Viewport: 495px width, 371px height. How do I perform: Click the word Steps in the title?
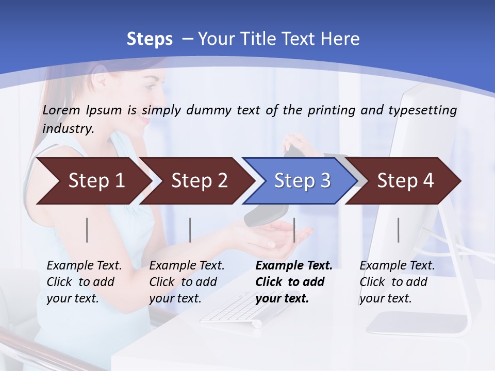(x=150, y=39)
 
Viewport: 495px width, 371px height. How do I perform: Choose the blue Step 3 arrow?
(x=302, y=181)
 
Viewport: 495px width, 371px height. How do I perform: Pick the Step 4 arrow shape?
(x=405, y=181)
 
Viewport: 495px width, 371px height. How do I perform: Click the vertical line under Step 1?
(x=87, y=230)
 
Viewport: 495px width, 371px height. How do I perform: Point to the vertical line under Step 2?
(x=190, y=230)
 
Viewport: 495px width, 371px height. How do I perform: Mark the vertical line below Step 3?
(x=294, y=230)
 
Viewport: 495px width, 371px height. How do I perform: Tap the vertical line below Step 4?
(x=398, y=230)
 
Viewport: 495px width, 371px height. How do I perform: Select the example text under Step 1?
(x=84, y=282)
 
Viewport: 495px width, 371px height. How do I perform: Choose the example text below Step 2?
(x=187, y=282)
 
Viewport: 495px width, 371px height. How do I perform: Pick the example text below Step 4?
(x=397, y=282)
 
